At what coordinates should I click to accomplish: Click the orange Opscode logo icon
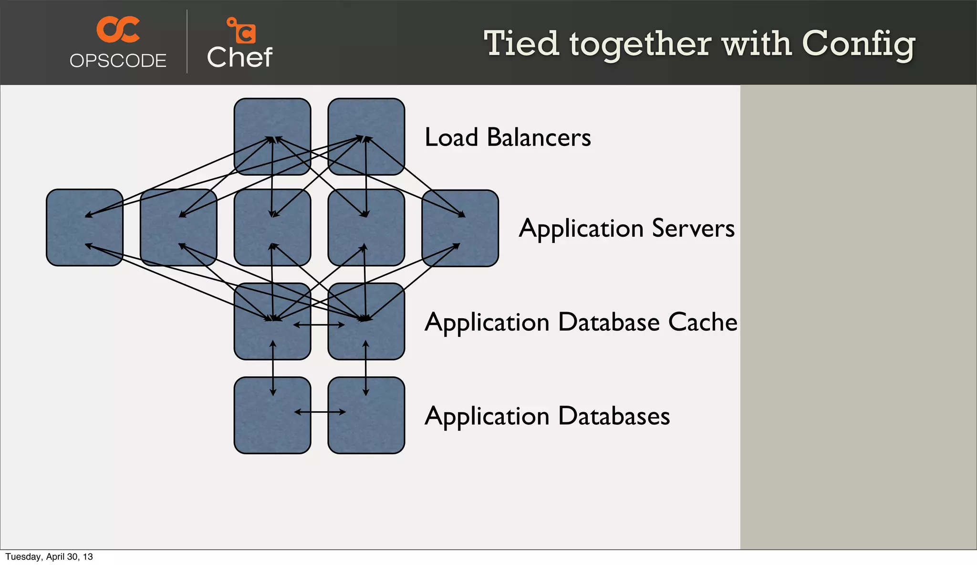(118, 29)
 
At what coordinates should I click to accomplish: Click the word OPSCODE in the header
(118, 61)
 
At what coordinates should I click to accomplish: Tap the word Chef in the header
(239, 58)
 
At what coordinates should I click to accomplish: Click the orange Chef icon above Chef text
(242, 30)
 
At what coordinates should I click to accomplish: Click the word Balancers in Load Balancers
(539, 137)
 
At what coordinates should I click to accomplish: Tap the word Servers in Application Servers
(693, 228)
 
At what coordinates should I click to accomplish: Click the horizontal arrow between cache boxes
(319, 325)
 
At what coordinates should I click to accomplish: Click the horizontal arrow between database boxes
(320, 412)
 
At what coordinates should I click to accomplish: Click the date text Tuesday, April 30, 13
(49, 557)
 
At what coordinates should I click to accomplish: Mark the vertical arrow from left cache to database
(273, 368)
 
